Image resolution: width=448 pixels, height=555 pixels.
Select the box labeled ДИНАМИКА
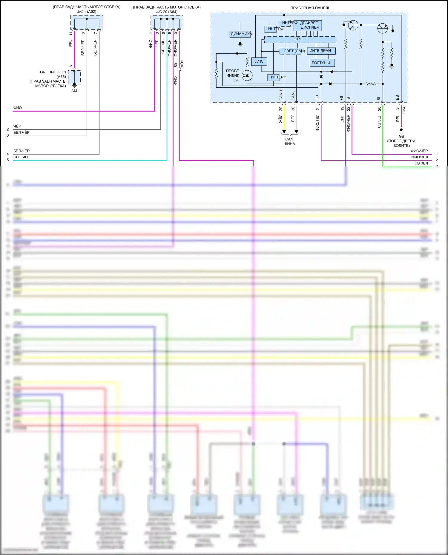(240, 34)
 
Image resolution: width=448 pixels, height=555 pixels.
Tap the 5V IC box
(259, 61)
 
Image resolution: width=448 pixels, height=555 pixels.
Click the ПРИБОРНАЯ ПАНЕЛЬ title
(310, 8)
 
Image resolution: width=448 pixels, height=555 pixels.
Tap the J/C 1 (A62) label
(87, 12)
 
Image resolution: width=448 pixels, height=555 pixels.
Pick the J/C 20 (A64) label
(167, 12)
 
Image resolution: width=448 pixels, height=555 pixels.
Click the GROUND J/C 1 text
(53, 72)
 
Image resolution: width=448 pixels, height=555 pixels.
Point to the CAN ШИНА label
(289, 141)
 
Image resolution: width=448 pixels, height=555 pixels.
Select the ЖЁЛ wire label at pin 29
(280, 119)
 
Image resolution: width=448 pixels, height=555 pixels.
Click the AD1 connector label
(182, 64)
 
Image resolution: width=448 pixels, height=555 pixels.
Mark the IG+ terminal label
(317, 97)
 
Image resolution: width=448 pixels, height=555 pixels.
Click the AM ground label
(74, 91)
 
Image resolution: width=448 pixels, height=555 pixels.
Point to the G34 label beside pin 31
(404, 110)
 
